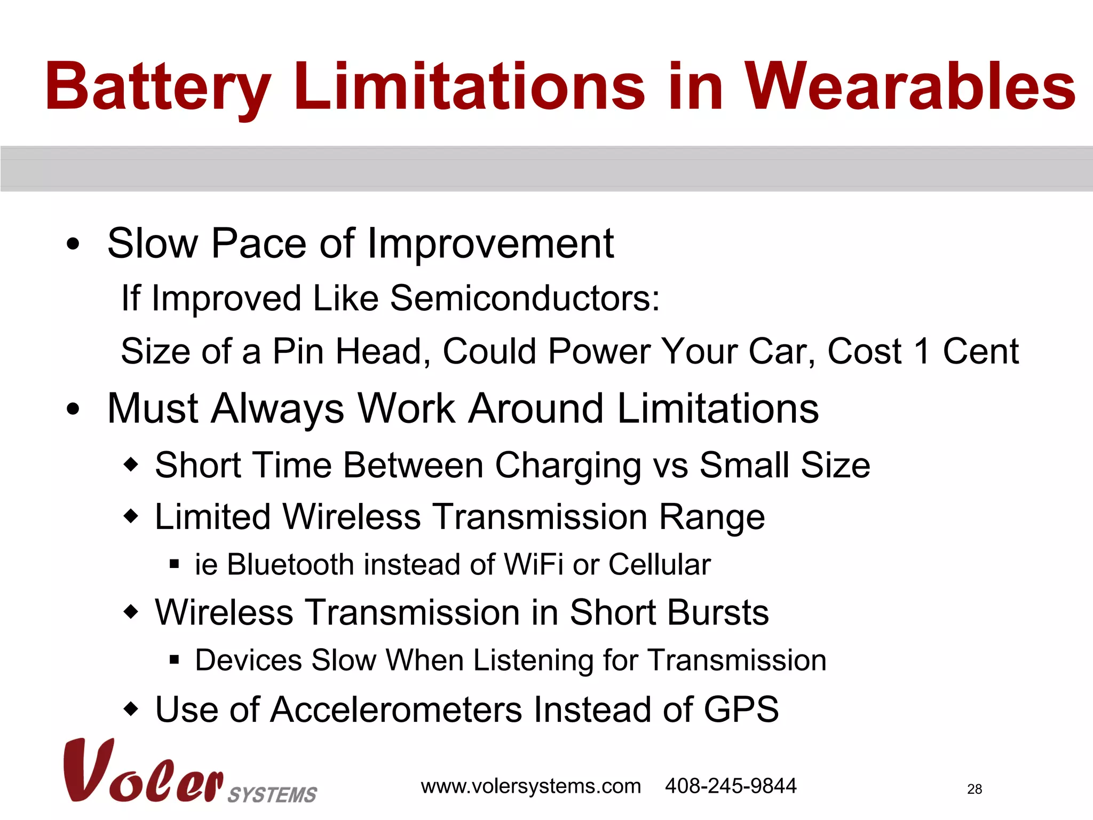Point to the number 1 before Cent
(922, 352)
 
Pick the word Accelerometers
(396, 710)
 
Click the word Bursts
(669, 612)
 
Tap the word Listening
(533, 661)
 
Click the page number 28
(974, 790)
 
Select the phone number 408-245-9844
(730, 786)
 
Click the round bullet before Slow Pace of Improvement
(73, 245)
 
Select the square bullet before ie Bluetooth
(174, 564)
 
